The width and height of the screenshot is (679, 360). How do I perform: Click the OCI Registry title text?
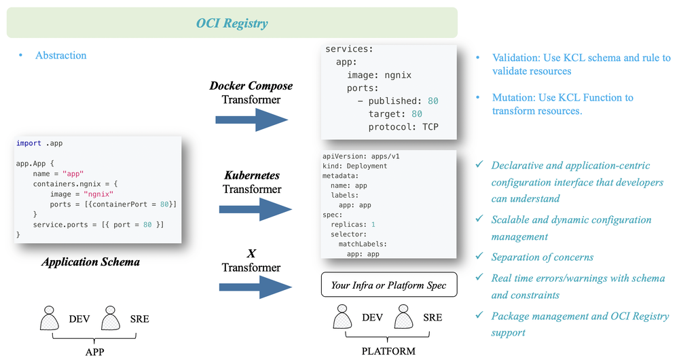pos(232,24)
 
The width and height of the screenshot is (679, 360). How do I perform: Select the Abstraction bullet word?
pos(61,55)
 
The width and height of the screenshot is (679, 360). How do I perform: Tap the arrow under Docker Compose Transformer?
pos(251,120)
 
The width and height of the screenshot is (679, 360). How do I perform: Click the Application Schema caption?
pos(90,262)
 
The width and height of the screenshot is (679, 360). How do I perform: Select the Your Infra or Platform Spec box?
pos(388,285)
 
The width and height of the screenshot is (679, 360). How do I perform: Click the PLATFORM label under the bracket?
pos(389,351)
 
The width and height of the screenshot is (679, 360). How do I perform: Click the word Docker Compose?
pos(251,86)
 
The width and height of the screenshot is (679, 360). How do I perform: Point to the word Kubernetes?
pos(251,175)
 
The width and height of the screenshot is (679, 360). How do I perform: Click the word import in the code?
pos(29,144)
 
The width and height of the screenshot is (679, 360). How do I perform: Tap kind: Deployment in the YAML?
pos(354,166)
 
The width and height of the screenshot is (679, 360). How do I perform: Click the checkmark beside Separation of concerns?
pos(480,257)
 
